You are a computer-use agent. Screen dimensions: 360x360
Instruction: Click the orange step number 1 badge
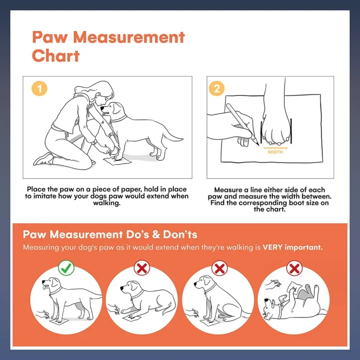tap(40, 88)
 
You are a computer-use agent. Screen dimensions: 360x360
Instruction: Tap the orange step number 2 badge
tap(216, 88)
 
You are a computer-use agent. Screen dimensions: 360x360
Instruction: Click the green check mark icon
tap(66, 268)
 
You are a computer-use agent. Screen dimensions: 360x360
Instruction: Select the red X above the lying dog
tap(142, 268)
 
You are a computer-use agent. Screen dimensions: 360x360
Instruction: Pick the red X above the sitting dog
tap(220, 268)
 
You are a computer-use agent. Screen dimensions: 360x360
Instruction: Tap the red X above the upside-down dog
tap(294, 268)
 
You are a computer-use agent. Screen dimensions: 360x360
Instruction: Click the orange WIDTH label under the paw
tap(275, 152)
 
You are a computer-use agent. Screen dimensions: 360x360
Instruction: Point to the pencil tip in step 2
tap(258, 145)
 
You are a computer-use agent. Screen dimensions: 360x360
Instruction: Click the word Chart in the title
tap(56, 56)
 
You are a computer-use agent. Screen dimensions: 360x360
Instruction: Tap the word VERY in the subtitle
tap(272, 247)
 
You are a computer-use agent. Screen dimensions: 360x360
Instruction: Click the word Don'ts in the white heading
tap(180, 234)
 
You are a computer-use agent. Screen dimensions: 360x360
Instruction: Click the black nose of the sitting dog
tap(195, 284)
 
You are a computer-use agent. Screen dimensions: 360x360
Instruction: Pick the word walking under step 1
tap(107, 203)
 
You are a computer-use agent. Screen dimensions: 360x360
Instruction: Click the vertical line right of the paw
tap(291, 131)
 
